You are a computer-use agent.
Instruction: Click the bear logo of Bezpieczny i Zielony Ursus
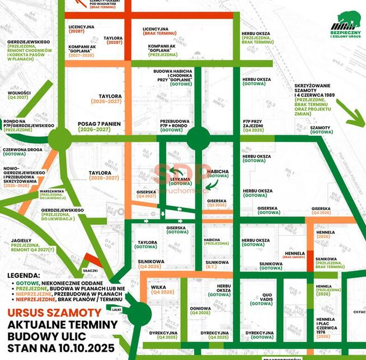tap(343, 20)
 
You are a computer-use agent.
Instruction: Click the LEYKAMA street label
tap(181, 179)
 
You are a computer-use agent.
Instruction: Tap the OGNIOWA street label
tap(200, 308)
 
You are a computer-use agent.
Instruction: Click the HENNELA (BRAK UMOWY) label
tap(294, 256)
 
